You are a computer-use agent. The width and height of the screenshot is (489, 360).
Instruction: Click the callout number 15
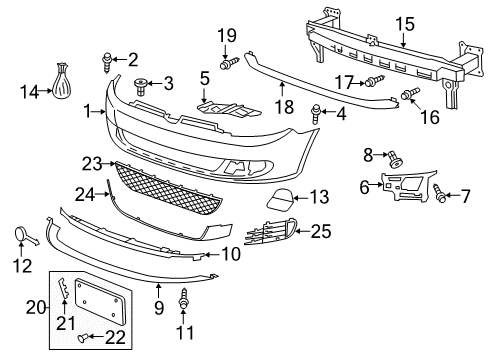[405, 24]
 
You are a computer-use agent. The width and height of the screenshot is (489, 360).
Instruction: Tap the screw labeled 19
[229, 63]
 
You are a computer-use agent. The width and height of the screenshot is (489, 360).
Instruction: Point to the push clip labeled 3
[141, 87]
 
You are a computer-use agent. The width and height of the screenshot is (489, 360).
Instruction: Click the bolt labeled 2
[107, 62]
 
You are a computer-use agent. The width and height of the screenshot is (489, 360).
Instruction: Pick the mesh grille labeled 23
[167, 189]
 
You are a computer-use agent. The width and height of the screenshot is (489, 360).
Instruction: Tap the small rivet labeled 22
[82, 338]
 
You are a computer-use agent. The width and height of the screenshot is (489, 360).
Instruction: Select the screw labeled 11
[183, 298]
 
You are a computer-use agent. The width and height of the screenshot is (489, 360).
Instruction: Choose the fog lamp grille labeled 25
[271, 231]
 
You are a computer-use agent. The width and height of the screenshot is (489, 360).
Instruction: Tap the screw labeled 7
[438, 193]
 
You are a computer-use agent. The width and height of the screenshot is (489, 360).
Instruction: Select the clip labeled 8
[395, 159]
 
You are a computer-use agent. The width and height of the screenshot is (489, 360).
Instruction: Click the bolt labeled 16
[410, 93]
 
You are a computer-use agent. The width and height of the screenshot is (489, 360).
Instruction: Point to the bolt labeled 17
[375, 81]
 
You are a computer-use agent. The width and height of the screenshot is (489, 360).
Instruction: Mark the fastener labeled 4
[315, 113]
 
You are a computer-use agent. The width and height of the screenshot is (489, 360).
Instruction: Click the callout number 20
[36, 307]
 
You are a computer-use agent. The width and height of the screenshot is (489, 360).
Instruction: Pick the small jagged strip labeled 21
[63, 287]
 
